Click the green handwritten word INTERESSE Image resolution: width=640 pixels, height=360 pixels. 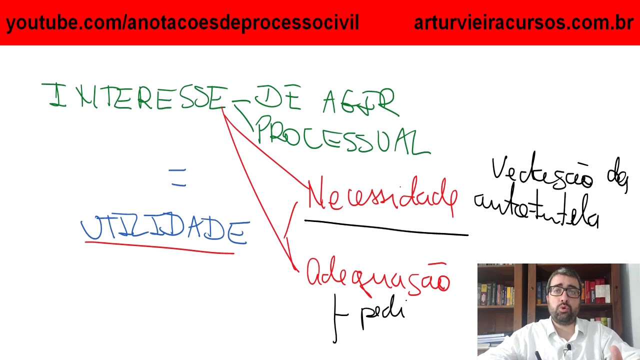(x=135, y=97)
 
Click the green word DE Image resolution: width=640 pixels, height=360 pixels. (x=278, y=97)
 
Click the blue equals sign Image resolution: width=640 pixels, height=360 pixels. (x=177, y=177)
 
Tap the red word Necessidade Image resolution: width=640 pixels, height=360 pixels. (x=382, y=197)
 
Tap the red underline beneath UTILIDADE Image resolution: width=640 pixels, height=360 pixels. (x=160, y=247)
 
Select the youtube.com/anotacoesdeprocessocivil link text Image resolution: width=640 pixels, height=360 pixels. (x=182, y=22)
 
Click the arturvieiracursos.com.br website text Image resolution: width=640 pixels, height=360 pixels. (x=523, y=22)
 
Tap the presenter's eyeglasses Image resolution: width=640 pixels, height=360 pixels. (x=565, y=291)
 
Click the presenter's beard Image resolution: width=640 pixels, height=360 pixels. (x=564, y=317)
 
